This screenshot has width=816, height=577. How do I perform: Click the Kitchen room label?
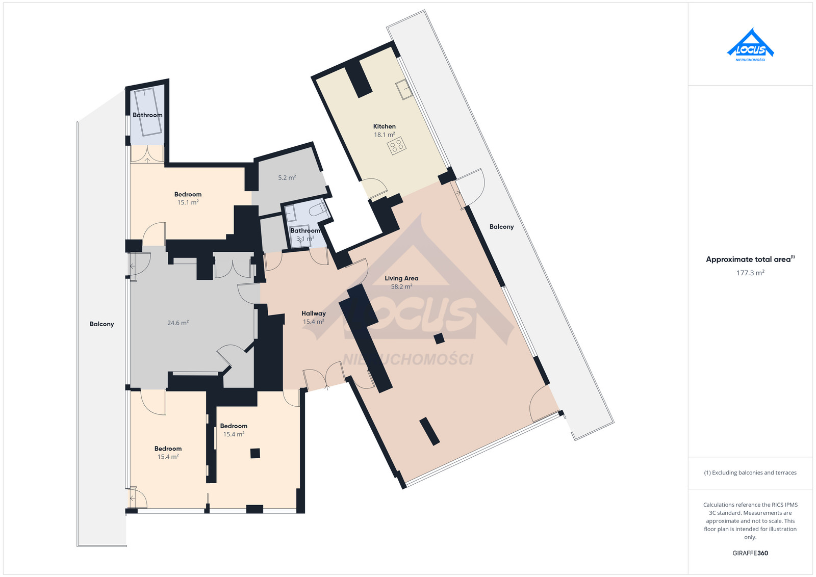[x=384, y=126]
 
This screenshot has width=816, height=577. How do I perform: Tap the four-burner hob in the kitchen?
[x=396, y=146]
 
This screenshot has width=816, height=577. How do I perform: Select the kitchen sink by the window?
[x=404, y=89]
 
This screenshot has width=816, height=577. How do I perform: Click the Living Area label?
[x=401, y=278]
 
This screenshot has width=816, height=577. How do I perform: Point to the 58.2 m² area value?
[x=401, y=286]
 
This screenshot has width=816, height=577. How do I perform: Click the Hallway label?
[x=313, y=313]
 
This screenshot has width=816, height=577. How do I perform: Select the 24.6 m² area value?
[x=178, y=323]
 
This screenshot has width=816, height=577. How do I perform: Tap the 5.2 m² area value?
[x=287, y=178]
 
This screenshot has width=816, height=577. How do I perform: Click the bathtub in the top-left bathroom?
[x=148, y=112]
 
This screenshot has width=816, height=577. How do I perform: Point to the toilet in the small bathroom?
[x=317, y=209]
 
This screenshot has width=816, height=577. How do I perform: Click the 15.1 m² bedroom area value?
[x=188, y=202]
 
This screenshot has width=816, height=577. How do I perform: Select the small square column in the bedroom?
[x=255, y=453]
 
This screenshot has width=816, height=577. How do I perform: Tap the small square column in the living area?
[x=439, y=338]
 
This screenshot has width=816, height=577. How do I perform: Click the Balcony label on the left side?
[x=101, y=324]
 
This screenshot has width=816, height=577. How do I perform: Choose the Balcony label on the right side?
[x=501, y=226]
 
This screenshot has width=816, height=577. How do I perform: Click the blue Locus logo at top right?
[x=750, y=45]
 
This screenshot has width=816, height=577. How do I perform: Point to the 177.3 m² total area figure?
[x=750, y=273]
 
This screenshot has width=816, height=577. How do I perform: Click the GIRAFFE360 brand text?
[x=750, y=553]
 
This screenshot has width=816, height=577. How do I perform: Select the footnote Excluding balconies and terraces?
[x=750, y=473]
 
